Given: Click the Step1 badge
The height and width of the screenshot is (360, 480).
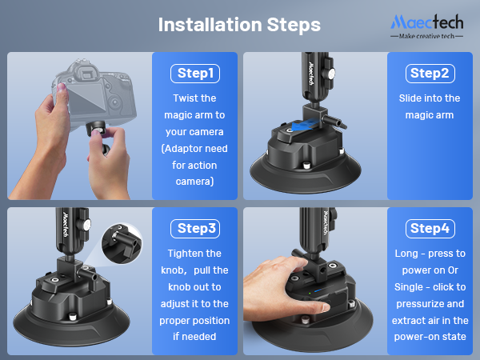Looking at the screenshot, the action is [195, 74].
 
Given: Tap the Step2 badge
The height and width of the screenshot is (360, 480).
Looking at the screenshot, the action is [430, 74].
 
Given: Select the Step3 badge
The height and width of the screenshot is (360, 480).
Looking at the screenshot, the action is [195, 229].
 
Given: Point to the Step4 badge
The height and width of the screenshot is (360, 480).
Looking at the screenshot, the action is [430, 229].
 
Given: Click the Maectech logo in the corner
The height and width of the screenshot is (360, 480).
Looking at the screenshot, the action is [426, 26].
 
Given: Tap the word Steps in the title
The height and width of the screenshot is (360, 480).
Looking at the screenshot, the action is [294, 25].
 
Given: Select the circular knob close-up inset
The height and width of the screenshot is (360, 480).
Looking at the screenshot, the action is [122, 243].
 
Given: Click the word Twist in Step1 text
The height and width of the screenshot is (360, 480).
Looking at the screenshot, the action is [183, 98].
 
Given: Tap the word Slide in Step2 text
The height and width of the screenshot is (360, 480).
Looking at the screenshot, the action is [410, 98].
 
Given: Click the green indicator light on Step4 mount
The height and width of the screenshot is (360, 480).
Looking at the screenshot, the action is [310, 293].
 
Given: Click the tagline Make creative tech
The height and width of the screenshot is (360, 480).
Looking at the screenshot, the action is [426, 36].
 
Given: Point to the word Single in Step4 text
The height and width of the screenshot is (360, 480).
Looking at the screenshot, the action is [408, 287].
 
